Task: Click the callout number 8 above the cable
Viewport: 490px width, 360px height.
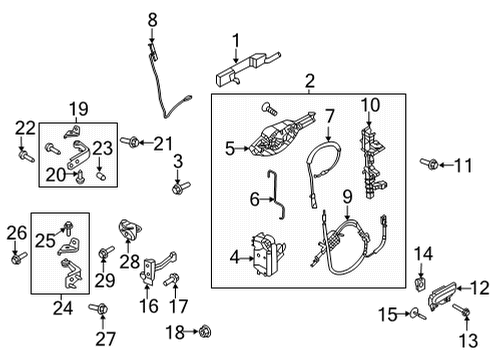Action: click(153, 19)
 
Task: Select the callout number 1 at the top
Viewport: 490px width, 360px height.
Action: click(236, 40)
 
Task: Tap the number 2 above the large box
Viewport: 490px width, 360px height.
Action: click(309, 81)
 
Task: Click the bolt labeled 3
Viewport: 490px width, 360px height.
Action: click(179, 187)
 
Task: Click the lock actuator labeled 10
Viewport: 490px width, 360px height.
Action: click(372, 156)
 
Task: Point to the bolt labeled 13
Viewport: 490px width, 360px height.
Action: click(464, 313)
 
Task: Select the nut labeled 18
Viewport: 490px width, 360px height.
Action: click(205, 330)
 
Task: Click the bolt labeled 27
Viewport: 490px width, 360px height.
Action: click(98, 308)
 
